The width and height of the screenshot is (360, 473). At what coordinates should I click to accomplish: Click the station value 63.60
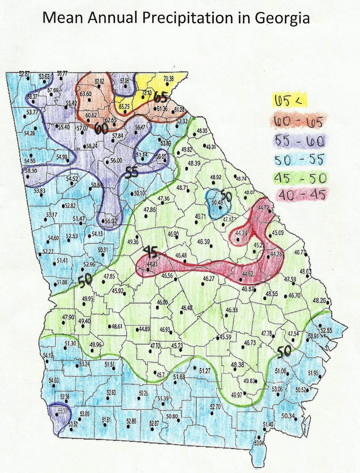(85, 94)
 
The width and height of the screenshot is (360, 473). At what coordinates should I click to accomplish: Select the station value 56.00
(116, 161)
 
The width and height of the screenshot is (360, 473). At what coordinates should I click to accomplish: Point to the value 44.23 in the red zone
(152, 264)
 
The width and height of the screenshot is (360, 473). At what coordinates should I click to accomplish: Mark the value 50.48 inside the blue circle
(217, 203)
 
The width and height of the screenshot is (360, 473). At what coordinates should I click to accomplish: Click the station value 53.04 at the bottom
(259, 443)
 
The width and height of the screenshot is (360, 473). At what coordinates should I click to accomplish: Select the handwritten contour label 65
(161, 96)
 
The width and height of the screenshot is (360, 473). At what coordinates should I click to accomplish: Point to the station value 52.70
(215, 407)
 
